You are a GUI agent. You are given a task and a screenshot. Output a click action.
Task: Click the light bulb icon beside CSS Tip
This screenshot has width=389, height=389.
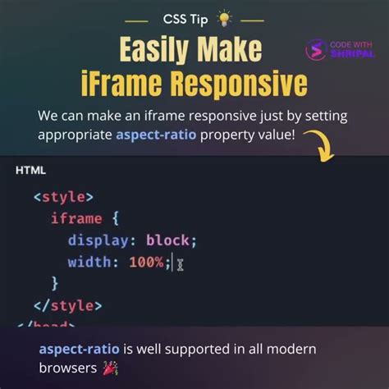pos(223,17)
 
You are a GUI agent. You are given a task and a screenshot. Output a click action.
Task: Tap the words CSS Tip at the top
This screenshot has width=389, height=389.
pos(185,17)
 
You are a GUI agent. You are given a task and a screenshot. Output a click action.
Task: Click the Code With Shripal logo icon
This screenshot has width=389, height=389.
pos(316,50)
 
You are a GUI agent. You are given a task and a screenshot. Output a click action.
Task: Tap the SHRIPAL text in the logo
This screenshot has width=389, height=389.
pos(353,54)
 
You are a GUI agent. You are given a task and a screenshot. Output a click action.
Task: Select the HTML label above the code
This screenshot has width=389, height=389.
pos(31,171)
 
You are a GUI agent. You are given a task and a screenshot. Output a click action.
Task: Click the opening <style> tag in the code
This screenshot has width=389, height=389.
pos(63,197)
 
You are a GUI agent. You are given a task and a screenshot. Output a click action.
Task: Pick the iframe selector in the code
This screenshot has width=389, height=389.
pos(76,218)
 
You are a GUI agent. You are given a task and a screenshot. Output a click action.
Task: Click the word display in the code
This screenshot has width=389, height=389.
pos(101,240)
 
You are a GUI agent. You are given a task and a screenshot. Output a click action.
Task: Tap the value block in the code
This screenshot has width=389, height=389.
pos(168,240)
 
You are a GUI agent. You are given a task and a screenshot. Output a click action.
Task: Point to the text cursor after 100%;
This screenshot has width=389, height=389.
pos(180,263)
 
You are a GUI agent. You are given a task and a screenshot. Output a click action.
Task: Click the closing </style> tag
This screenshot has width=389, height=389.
pos(67,305)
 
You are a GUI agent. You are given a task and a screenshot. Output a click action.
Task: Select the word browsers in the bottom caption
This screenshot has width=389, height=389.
pos(66,368)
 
